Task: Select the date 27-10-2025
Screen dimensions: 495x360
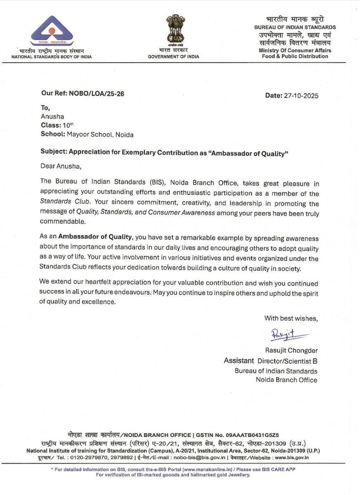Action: point(301,96)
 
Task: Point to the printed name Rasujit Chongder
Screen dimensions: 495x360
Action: point(291,351)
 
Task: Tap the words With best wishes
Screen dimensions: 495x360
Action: point(291,318)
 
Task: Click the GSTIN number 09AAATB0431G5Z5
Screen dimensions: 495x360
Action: point(252,435)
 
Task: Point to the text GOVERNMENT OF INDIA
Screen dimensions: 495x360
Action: point(173,57)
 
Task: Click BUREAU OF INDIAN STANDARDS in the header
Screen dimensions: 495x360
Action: point(295,27)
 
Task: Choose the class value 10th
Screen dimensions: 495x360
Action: point(68,125)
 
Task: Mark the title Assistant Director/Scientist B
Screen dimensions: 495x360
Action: point(271,361)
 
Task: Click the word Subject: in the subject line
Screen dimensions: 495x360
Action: point(54,152)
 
